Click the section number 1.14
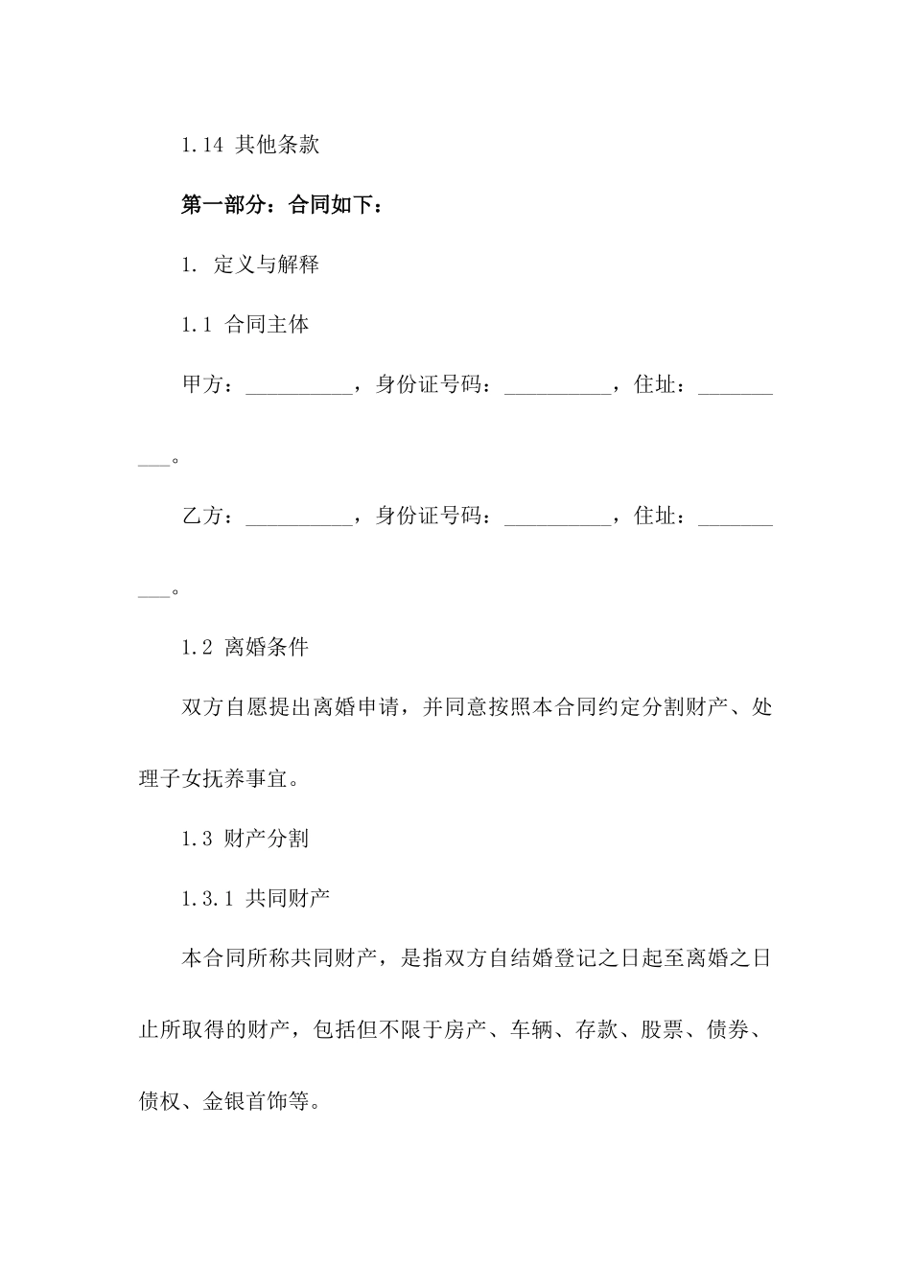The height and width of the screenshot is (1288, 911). pyautogui.click(x=202, y=146)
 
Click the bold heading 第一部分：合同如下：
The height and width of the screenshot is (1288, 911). pyautogui.click(x=282, y=205)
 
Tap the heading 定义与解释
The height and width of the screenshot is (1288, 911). pyautogui.click(x=267, y=265)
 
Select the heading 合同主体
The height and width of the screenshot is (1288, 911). pyautogui.click(x=267, y=325)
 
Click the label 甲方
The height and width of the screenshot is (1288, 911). pyautogui.click(x=202, y=385)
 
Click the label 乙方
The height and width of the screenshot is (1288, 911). pyautogui.click(x=202, y=517)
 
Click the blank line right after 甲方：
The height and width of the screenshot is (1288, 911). pyautogui.click(x=300, y=387)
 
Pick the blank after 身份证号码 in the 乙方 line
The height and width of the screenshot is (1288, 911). pyautogui.click(x=557, y=518)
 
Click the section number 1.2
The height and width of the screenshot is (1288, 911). pyautogui.click(x=197, y=648)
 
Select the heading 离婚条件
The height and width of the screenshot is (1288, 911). pyautogui.click(x=267, y=648)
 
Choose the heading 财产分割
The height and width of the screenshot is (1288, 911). pyautogui.click(x=267, y=839)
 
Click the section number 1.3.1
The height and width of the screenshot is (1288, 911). pyautogui.click(x=207, y=899)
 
